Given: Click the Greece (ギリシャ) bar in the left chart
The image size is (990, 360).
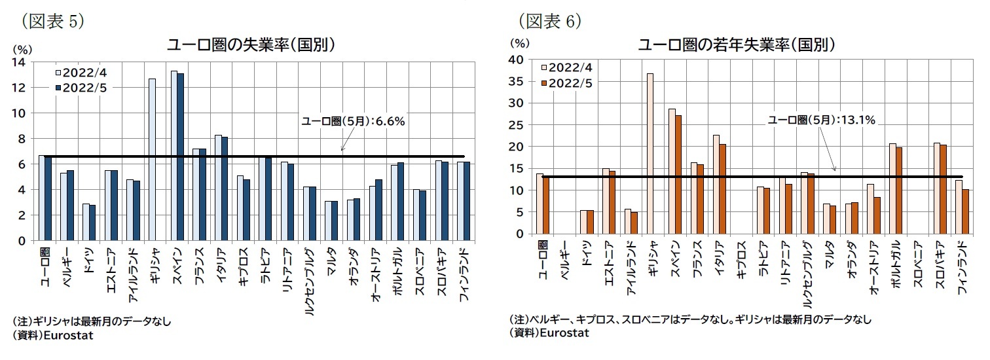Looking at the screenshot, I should (152, 160).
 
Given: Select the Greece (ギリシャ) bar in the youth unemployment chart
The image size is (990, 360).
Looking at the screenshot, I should (650, 153).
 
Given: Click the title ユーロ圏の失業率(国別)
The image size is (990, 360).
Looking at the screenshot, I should (253, 45).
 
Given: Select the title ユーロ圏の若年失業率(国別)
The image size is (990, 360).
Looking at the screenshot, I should (737, 45).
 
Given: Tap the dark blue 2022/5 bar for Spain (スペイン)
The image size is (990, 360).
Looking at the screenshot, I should (181, 157).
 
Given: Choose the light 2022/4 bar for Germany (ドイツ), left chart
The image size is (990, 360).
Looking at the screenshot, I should (85, 222).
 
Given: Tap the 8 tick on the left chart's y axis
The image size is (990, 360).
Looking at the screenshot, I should (21, 139).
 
